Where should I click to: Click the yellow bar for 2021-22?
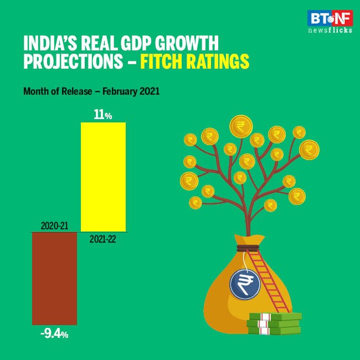tap(103, 177)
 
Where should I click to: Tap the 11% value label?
tap(103, 115)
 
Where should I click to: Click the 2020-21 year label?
tap(54, 226)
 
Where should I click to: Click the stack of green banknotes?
tap(274, 323)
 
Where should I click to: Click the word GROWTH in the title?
tap(189, 43)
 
